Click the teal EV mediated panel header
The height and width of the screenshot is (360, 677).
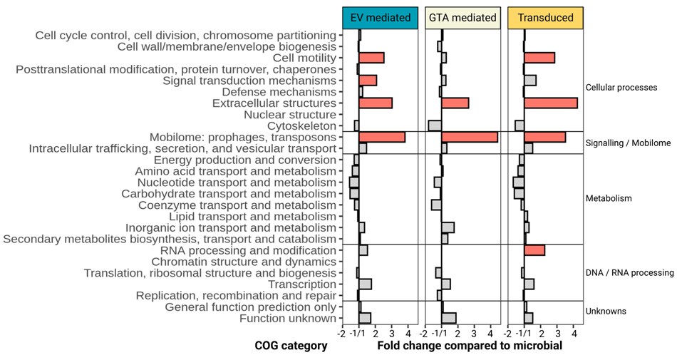point(380,18)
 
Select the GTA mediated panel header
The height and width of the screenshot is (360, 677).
point(462,18)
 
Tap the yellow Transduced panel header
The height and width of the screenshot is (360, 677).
point(545,18)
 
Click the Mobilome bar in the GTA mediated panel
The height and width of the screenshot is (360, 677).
point(469,137)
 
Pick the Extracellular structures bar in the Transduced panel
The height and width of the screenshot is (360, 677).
point(550,103)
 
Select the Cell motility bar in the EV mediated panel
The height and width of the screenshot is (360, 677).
point(371,58)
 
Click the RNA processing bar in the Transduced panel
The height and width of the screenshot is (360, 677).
point(534,250)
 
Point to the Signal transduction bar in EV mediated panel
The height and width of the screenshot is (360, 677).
point(368,81)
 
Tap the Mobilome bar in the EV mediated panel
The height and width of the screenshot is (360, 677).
point(382,137)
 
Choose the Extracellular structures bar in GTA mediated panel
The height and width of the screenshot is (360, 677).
point(455,103)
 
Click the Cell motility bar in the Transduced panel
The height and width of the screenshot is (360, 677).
point(539,58)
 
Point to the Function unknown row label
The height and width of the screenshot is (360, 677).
point(287,318)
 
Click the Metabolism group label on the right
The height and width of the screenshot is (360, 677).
point(608,198)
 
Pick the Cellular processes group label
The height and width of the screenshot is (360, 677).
point(621,88)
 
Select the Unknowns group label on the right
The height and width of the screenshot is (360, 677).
point(606,312)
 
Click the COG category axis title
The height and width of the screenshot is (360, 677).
point(291,346)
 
